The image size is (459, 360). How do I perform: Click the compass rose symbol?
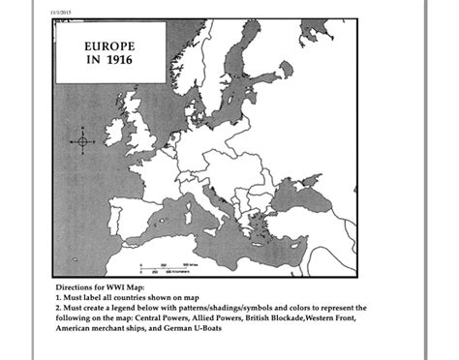tap(83, 142)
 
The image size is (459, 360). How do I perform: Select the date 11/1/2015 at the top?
tap(63, 9)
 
